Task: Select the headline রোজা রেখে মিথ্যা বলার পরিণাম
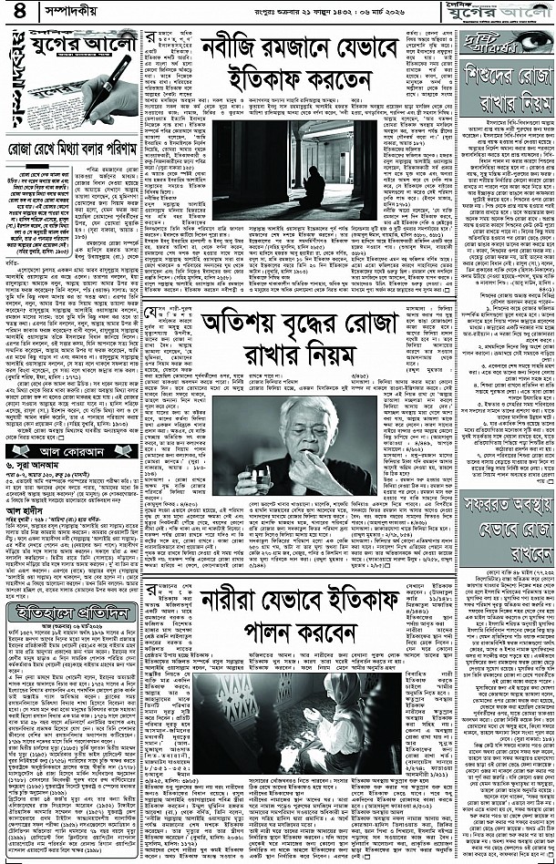coord(73,146)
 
